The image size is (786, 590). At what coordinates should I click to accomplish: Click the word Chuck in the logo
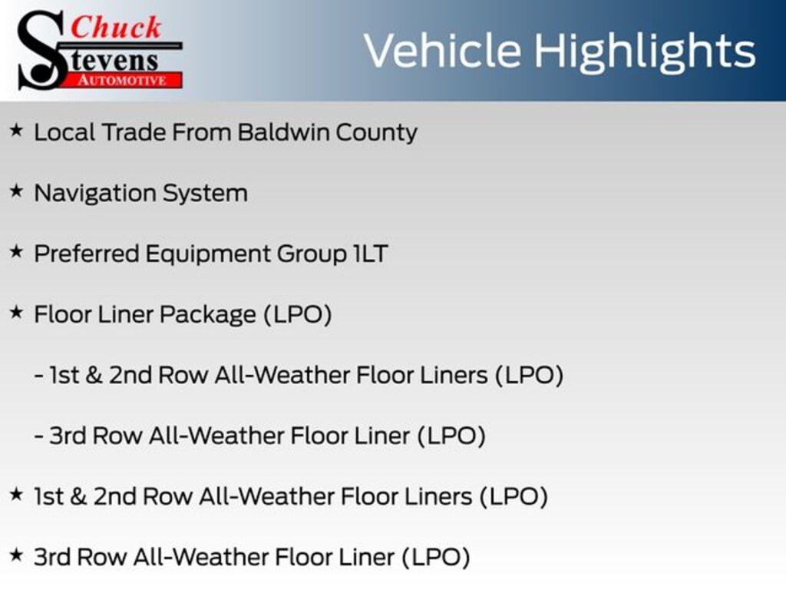click(117, 27)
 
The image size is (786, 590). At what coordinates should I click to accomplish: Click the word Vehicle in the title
click(442, 51)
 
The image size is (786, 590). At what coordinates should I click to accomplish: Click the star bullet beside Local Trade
click(17, 131)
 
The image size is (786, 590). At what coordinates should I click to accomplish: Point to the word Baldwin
click(283, 132)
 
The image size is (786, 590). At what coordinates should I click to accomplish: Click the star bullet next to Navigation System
click(17, 191)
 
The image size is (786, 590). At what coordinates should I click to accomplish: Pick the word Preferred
click(86, 254)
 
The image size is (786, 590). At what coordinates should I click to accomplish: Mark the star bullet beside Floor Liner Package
click(17, 313)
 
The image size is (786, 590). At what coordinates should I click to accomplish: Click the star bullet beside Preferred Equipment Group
click(17, 252)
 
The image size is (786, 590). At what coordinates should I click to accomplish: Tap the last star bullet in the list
click(17, 555)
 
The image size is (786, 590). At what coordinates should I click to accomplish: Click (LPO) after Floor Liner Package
click(298, 314)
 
